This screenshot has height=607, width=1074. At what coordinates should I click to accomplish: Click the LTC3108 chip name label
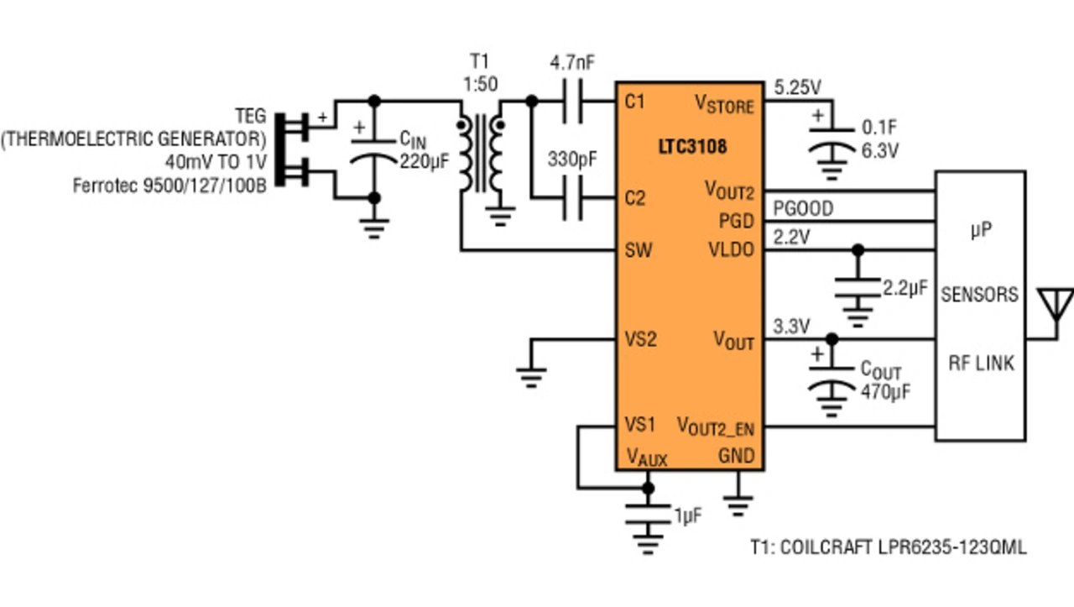point(692,147)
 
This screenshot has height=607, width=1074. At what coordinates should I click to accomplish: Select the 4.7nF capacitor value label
point(572,62)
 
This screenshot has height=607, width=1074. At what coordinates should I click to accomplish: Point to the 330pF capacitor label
point(572,160)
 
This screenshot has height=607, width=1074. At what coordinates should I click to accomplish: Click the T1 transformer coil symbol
point(481,154)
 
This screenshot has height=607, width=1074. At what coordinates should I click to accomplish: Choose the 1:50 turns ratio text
point(481,85)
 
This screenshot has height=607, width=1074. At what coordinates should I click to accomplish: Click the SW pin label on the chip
point(639,250)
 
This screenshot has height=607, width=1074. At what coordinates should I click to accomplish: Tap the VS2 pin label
point(640,339)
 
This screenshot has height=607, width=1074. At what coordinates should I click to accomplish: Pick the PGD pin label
point(737,221)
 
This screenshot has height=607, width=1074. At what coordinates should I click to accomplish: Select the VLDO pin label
point(732,250)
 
